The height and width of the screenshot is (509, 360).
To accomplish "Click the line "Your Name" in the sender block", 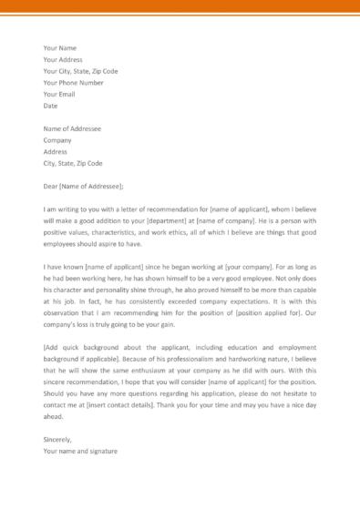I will click(60, 47).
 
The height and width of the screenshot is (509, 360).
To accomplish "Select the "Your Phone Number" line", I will click(79, 82).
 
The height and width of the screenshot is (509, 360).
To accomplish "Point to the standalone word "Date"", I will click(51, 106).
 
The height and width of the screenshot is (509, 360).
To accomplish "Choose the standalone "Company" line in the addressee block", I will click(58, 141).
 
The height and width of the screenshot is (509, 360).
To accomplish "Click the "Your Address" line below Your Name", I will click(64, 59).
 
